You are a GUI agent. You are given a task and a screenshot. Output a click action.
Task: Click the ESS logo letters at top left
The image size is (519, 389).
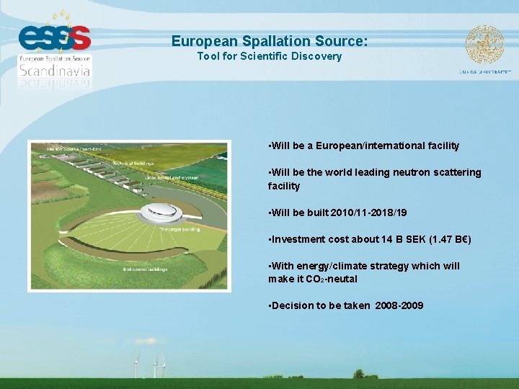55,36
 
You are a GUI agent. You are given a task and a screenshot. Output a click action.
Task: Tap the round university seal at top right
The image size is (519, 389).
484,45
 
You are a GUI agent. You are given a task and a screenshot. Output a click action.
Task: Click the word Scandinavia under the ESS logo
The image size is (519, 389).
55,71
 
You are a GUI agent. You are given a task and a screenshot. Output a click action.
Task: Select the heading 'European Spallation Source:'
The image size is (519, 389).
270,42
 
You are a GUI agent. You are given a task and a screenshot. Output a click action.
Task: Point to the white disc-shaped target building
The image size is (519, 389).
160,211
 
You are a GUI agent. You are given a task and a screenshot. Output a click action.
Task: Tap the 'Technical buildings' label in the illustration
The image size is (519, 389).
133,164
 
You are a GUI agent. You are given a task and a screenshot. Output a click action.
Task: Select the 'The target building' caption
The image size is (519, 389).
179,229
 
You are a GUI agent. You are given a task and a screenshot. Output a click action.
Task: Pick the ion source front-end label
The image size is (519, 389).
74,149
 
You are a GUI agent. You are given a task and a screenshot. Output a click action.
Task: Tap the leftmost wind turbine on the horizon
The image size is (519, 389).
136,366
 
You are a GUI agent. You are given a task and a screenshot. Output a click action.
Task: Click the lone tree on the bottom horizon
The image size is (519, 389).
358,374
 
